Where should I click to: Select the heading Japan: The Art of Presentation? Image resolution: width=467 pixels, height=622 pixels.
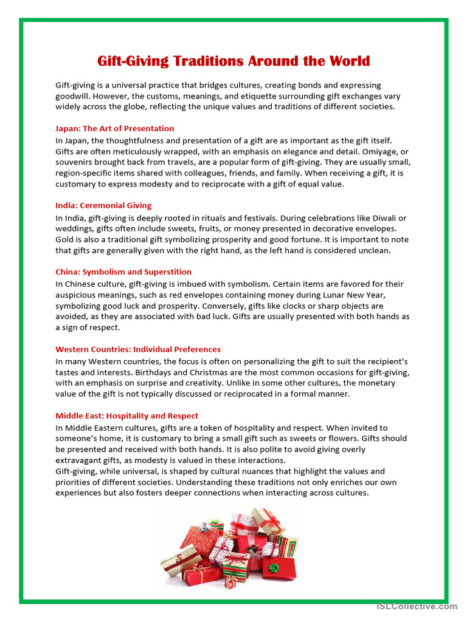(x=114, y=129)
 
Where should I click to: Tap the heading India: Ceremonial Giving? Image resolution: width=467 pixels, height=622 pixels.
(x=103, y=205)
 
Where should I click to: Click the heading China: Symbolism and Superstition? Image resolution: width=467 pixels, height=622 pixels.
(x=123, y=272)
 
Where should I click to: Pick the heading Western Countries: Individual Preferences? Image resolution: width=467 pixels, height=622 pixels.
(x=138, y=349)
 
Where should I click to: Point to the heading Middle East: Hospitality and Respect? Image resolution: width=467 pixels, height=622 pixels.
(x=126, y=416)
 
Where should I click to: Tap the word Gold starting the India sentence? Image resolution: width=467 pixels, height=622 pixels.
(x=64, y=239)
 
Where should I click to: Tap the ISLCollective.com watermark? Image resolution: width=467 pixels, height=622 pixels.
(x=417, y=606)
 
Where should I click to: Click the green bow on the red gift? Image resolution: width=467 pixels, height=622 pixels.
(x=274, y=568)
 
